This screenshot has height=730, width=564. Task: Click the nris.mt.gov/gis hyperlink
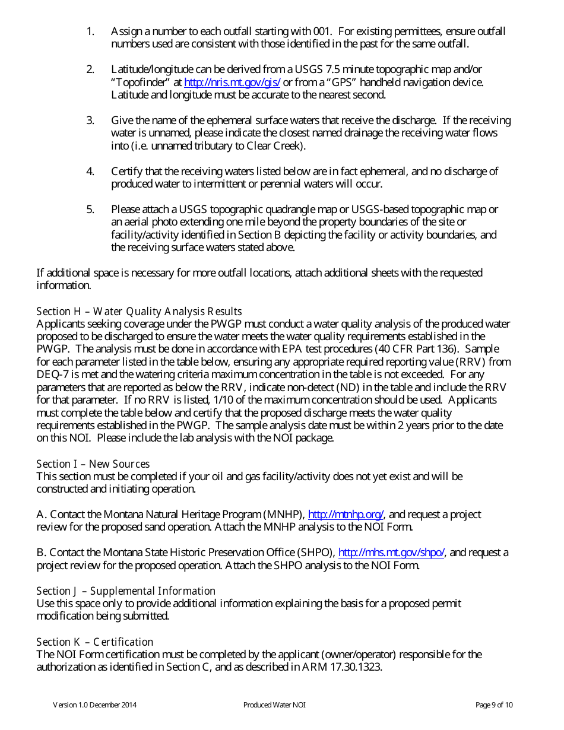point(232,82)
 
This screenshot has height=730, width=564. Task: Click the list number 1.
point(90,31)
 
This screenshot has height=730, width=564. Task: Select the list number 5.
point(90,210)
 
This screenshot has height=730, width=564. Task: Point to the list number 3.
point(90,120)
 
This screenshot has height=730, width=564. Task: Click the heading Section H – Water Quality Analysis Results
point(139,312)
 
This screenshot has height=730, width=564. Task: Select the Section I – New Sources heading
point(93,464)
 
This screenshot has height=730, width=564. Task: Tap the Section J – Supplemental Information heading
point(126,591)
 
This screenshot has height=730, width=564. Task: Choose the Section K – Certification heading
point(95,642)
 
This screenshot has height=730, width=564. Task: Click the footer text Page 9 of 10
point(494,705)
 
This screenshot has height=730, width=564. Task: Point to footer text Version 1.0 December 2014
point(95,705)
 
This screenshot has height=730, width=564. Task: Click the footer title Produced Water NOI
point(274,705)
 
